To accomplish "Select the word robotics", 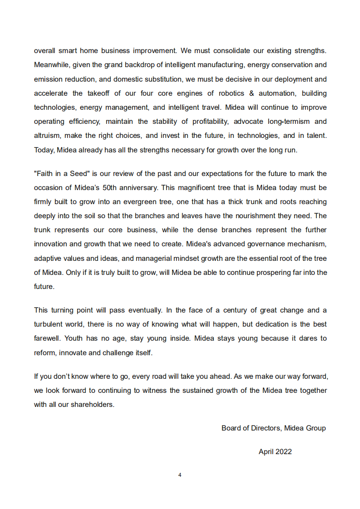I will coord(232,93).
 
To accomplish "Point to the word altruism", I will coord(48,136).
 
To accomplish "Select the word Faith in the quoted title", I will coord(45,174).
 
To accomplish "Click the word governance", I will coord(265,244).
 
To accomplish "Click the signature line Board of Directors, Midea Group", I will coord(273,428).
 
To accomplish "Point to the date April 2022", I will coord(275,452).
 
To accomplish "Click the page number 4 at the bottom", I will coord(180,475).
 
